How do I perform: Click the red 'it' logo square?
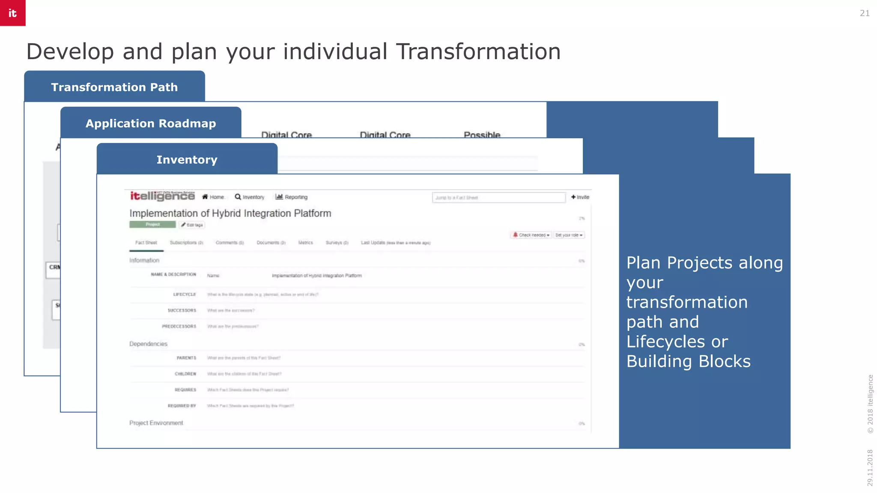pyautogui.click(x=13, y=13)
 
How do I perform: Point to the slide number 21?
pyautogui.click(x=865, y=13)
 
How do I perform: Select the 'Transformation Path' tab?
pyautogui.click(x=114, y=87)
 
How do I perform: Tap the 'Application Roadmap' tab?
pyautogui.click(x=151, y=123)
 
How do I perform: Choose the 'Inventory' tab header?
pyautogui.click(x=187, y=160)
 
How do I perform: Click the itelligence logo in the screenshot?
pyautogui.click(x=162, y=196)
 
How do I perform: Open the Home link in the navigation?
pyautogui.click(x=213, y=197)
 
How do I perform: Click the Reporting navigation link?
pyautogui.click(x=292, y=197)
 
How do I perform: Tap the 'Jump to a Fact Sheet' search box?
pyautogui.click(x=498, y=198)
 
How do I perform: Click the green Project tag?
pyautogui.click(x=152, y=225)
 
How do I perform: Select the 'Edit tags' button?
pyautogui.click(x=192, y=225)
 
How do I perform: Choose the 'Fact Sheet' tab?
pyautogui.click(x=146, y=243)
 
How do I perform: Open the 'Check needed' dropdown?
pyautogui.click(x=531, y=235)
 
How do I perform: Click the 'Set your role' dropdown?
pyautogui.click(x=569, y=235)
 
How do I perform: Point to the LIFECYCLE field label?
pyautogui.click(x=185, y=294)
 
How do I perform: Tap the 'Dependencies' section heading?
pyautogui.click(x=148, y=344)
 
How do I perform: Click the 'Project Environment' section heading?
pyautogui.click(x=156, y=423)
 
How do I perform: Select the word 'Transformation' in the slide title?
pyautogui.click(x=478, y=52)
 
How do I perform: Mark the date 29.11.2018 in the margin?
pyautogui.click(x=870, y=467)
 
